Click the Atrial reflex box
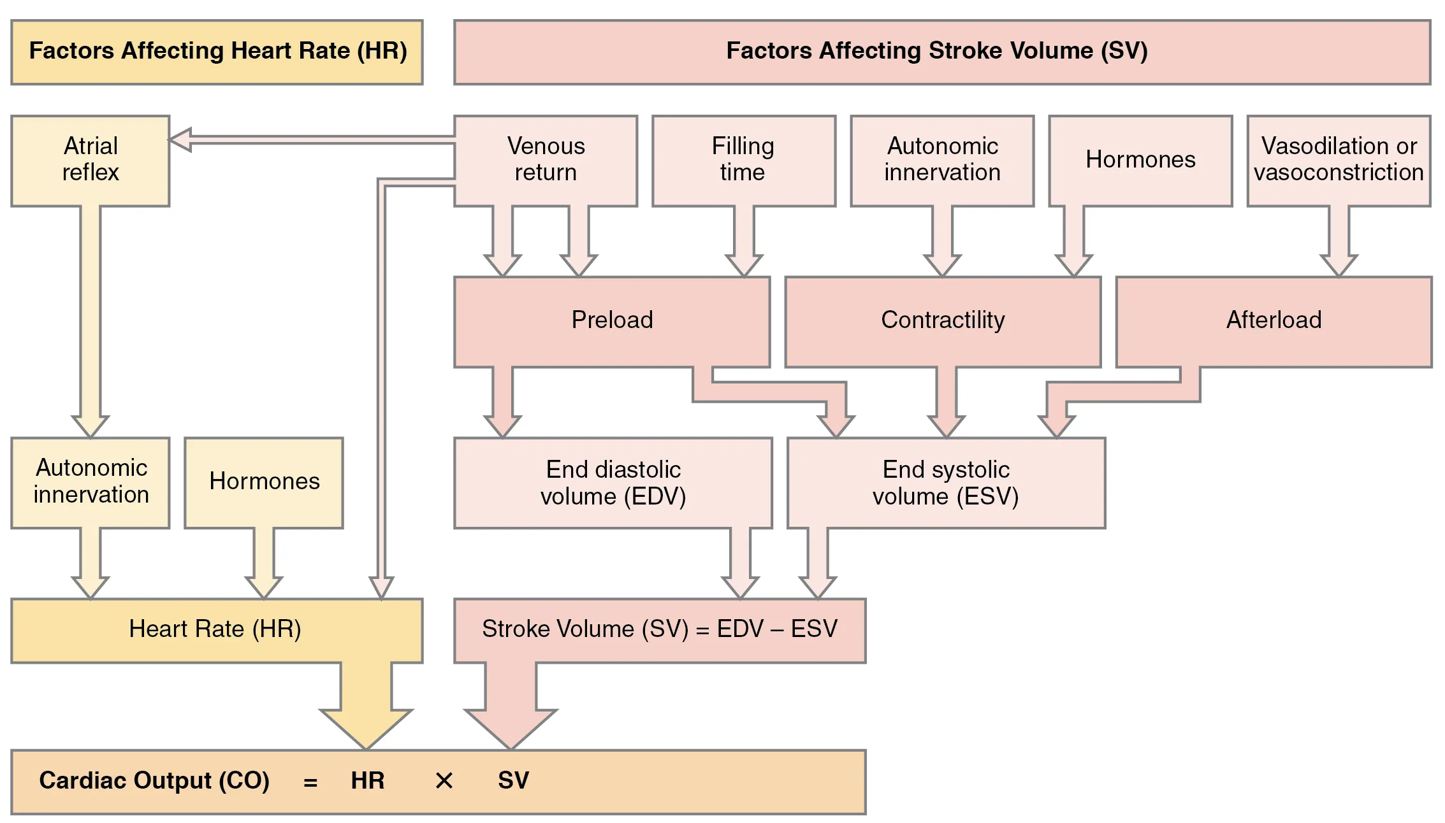click(x=91, y=160)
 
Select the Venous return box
click(x=546, y=160)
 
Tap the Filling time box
click(x=743, y=160)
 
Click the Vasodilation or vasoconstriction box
click(x=1339, y=160)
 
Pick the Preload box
click(x=612, y=320)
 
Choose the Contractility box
click(x=943, y=320)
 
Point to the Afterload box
click(x=1274, y=320)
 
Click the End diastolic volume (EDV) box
click(x=613, y=482)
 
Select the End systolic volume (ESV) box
click(x=946, y=482)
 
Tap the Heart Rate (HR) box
click(x=215, y=629)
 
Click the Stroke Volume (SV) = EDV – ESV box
click(x=659, y=629)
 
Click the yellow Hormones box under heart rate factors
click(x=264, y=482)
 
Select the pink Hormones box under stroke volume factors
click(x=1140, y=160)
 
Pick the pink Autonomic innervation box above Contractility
click(x=942, y=160)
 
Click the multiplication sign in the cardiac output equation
click(x=444, y=781)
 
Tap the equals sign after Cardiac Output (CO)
click(x=310, y=782)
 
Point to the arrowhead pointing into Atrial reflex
click(x=180, y=140)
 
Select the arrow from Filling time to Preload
click(x=744, y=242)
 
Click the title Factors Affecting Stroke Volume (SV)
click(x=937, y=51)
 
